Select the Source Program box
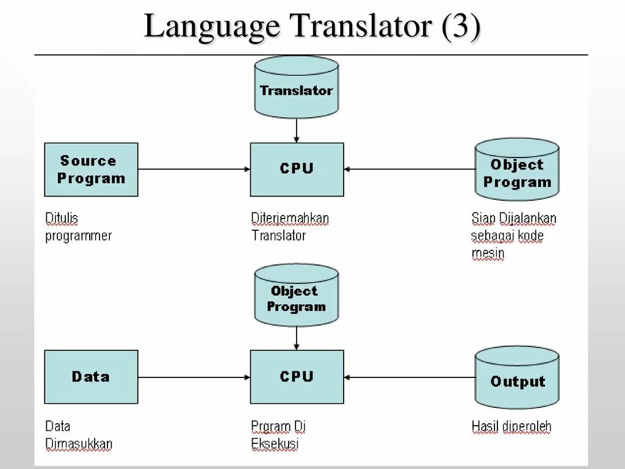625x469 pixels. tap(91, 170)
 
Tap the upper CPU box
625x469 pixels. tap(297, 170)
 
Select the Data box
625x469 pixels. tap(91, 377)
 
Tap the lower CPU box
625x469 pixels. tap(297, 377)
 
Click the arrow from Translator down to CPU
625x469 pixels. tap(297, 130)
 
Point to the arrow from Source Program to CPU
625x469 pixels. tap(194, 169)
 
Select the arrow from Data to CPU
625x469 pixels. tap(194, 377)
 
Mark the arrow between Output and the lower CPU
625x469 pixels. tap(409, 377)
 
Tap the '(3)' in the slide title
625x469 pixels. tap(461, 27)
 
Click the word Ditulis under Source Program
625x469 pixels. tap(62, 218)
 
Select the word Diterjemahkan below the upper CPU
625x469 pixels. tap(290, 218)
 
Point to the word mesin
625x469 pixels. tap(488, 253)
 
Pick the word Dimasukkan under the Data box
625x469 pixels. tap(79, 444)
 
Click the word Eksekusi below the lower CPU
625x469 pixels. tap(275, 444)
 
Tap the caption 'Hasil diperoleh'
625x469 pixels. tap(511, 426)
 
